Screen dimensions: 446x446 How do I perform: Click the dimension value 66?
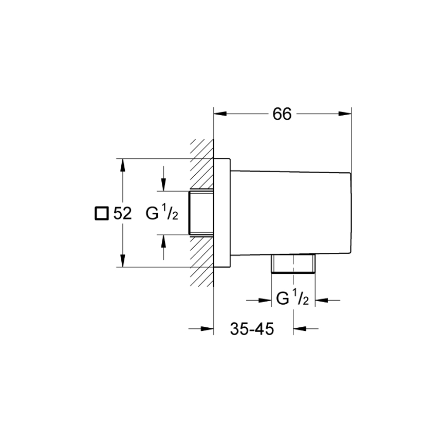pyautogui.click(x=282, y=114)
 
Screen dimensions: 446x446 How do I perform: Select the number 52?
pyautogui.click(x=123, y=213)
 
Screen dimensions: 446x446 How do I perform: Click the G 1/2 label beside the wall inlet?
pyautogui.click(x=161, y=213)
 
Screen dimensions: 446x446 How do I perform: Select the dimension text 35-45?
pyautogui.click(x=252, y=329)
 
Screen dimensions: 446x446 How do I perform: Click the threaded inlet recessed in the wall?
pyautogui.click(x=201, y=213)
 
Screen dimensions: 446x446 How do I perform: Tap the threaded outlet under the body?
pyautogui.click(x=292, y=264)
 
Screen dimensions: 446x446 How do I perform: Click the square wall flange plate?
pyautogui.click(x=221, y=213)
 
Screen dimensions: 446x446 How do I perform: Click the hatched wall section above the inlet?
pyautogui.click(x=202, y=164)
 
